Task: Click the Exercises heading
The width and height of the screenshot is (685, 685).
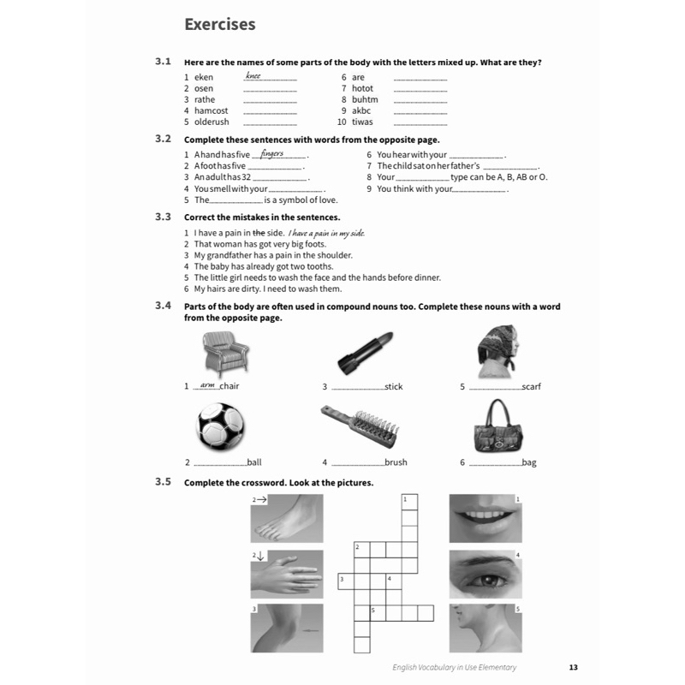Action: pyautogui.click(x=220, y=25)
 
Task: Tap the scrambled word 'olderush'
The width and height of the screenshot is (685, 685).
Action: pyautogui.click(x=211, y=122)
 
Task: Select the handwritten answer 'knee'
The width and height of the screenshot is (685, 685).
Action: pyautogui.click(x=253, y=75)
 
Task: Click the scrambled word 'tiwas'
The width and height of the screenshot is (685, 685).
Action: pyautogui.click(x=362, y=122)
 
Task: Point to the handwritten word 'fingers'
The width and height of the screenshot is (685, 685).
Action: pyautogui.click(x=271, y=153)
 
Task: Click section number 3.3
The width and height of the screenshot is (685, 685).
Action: pyautogui.click(x=163, y=217)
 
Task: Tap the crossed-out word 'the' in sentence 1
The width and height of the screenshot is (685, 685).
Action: pyautogui.click(x=259, y=233)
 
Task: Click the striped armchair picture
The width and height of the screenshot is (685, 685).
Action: pyautogui.click(x=226, y=354)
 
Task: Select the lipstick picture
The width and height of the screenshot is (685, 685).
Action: pyautogui.click(x=366, y=353)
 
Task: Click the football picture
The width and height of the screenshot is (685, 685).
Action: pyautogui.click(x=220, y=426)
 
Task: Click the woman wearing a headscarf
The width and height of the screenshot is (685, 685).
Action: pyautogui.click(x=498, y=351)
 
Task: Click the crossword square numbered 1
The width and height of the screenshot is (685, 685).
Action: pyautogui.click(x=409, y=502)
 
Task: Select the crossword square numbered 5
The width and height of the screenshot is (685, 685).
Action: pyautogui.click(x=378, y=613)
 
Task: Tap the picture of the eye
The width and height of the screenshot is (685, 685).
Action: pyautogui.click(x=485, y=574)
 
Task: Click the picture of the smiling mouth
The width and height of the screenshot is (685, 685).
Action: pyautogui.click(x=485, y=519)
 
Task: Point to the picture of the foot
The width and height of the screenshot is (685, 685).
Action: pyautogui.click(x=287, y=519)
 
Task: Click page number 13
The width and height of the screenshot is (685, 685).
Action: pyautogui.click(x=573, y=667)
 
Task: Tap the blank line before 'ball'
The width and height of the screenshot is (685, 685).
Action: pyautogui.click(x=220, y=466)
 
